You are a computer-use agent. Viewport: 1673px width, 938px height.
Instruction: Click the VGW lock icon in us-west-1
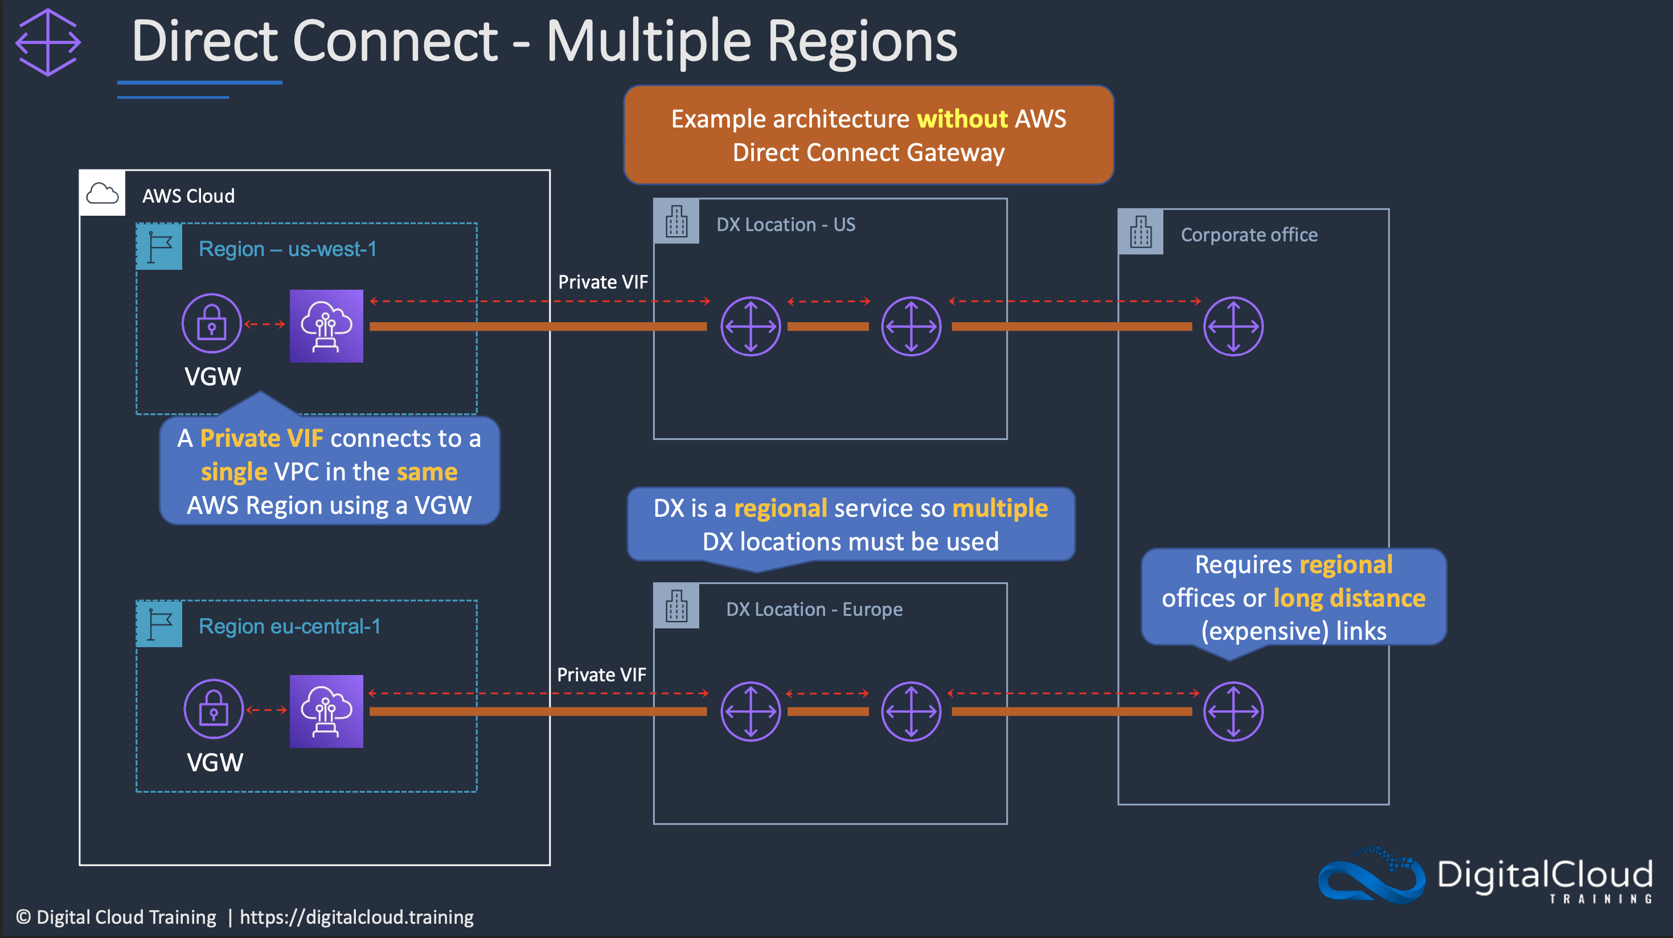pos(212,323)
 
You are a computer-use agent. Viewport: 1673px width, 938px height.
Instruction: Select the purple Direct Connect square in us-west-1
pos(326,326)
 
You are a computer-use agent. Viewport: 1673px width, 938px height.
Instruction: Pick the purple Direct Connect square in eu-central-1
pos(326,711)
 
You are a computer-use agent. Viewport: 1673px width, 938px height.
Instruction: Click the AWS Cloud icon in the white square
pos(102,194)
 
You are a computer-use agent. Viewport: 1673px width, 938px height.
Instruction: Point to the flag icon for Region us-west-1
pos(159,246)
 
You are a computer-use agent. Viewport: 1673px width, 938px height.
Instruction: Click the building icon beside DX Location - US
pos(676,221)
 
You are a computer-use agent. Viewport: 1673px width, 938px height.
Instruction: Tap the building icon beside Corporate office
pos(1141,232)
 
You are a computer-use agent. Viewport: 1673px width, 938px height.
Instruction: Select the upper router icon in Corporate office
pos(1233,327)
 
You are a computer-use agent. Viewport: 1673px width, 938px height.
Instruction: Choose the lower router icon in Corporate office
pos(1233,711)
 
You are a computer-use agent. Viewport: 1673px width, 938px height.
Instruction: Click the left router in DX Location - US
pos(751,327)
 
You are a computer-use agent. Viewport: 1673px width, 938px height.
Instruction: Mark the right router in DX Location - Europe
pos(911,711)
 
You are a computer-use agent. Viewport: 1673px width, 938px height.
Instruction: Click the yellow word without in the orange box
pos(962,119)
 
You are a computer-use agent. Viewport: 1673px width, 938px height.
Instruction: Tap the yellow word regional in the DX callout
pos(780,508)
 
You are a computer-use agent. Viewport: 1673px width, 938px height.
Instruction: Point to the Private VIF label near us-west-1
pos(602,282)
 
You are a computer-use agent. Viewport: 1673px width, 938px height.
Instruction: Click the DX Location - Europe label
pos(814,610)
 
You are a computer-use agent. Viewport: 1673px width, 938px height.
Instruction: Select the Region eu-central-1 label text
pos(290,627)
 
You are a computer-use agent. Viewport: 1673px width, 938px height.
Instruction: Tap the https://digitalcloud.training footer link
pos(356,918)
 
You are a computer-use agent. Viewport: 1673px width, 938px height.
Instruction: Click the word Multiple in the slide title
pos(648,42)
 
